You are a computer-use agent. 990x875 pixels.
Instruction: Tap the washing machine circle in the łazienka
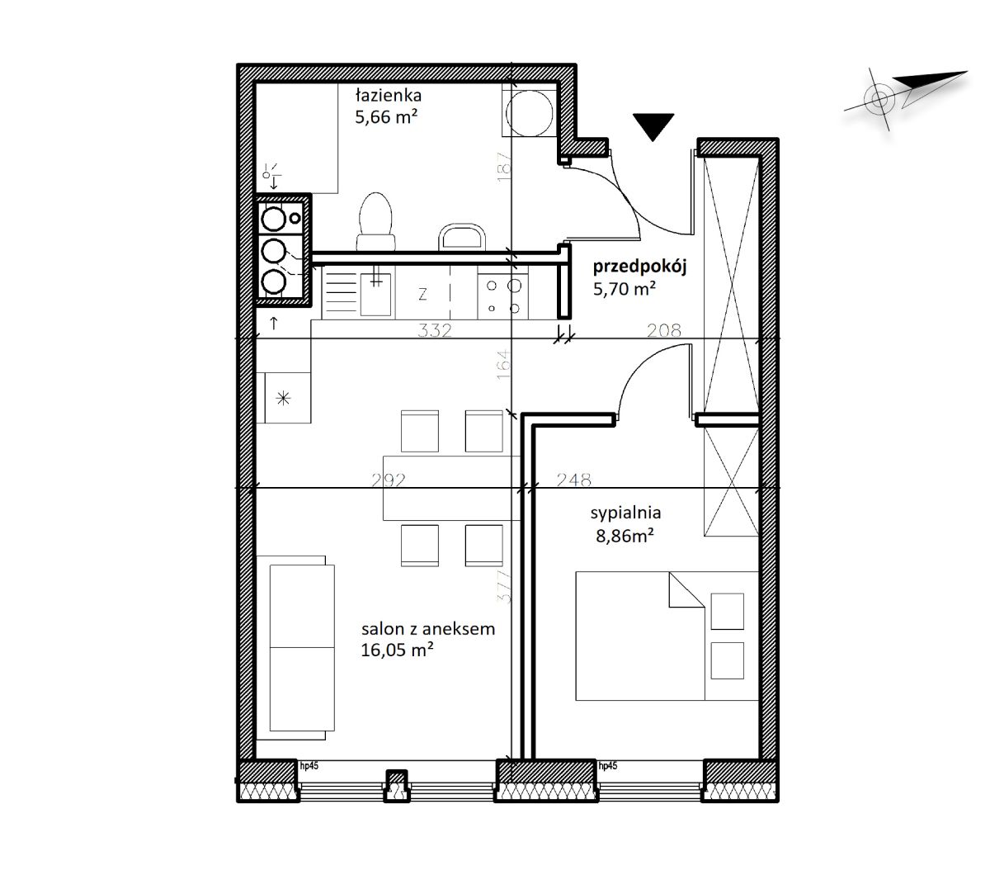click(529, 113)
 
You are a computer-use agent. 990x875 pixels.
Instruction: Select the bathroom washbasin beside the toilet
click(462, 239)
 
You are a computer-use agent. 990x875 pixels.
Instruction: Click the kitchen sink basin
click(375, 295)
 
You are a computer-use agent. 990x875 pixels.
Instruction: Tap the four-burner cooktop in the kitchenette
click(502, 296)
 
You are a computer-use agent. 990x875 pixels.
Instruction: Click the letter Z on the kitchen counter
click(422, 294)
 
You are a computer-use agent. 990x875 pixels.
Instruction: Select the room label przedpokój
click(639, 267)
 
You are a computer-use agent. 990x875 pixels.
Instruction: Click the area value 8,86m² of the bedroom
click(625, 537)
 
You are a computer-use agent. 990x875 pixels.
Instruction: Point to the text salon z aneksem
click(428, 628)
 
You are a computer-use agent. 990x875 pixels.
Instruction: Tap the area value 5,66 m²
click(386, 117)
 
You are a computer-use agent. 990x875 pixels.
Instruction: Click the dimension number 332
click(435, 330)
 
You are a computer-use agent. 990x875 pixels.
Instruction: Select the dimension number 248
click(573, 480)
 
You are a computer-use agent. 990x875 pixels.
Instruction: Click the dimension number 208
click(663, 331)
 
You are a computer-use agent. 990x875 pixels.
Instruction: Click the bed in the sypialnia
click(667, 636)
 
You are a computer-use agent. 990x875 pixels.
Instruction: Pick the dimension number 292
click(389, 480)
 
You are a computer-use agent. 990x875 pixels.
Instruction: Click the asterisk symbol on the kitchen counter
click(283, 399)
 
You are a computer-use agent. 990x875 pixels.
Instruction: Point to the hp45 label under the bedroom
click(608, 765)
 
